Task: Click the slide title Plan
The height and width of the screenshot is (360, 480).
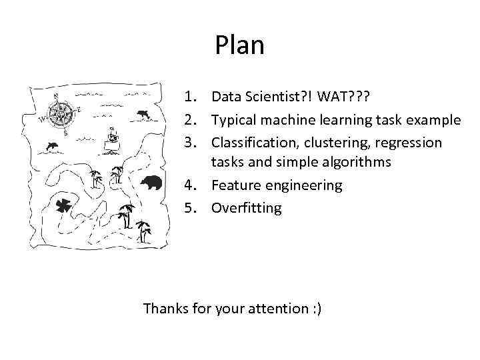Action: click(x=239, y=45)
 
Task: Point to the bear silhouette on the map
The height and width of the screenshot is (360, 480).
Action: click(x=153, y=182)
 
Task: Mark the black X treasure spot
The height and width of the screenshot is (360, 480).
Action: click(x=65, y=206)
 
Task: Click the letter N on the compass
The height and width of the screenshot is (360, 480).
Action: click(x=57, y=95)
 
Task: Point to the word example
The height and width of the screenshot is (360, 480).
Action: click(x=433, y=121)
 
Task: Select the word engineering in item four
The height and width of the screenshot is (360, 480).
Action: click(x=304, y=186)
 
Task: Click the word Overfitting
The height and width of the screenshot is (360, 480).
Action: click(x=247, y=208)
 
